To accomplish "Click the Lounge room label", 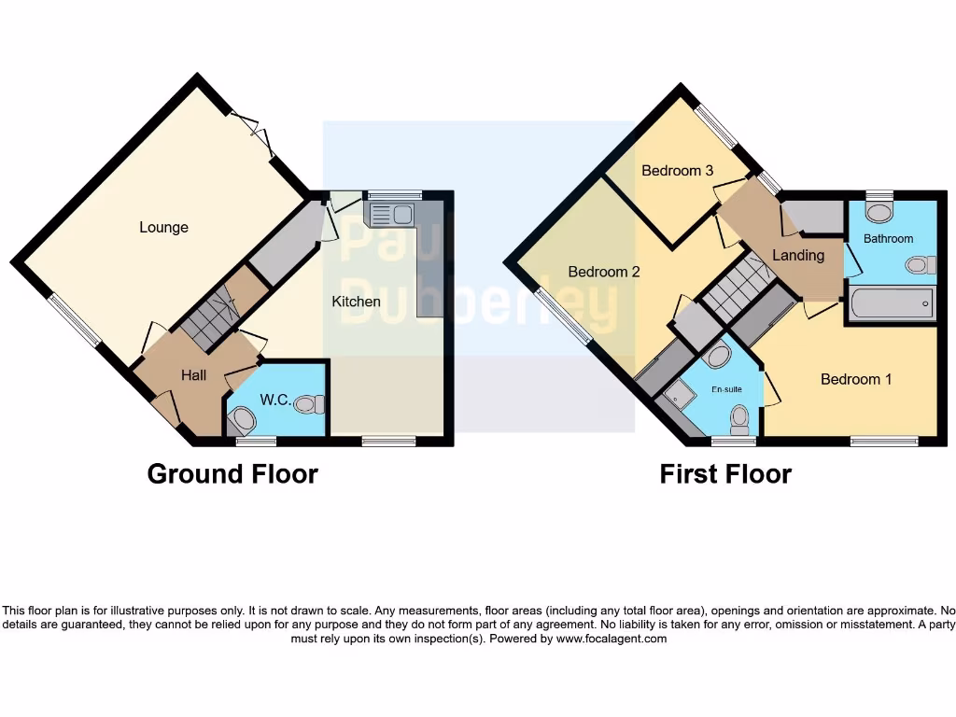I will (163, 227).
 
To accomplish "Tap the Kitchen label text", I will (357, 302).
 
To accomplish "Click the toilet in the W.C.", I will (309, 403).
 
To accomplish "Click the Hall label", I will (194, 375).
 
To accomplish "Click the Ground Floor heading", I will (232, 474).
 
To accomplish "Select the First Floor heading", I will (725, 474).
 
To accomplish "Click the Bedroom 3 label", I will (678, 171).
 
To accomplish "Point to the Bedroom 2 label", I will (604, 272).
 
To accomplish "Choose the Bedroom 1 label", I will (856, 379).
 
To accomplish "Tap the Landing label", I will (798, 255).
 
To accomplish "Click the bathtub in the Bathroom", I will (892, 303).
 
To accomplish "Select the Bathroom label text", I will (888, 238).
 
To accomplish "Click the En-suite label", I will (727, 388).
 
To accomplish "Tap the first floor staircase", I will (737, 285).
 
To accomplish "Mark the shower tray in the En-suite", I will (676, 402).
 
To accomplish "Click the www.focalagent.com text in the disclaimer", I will (612, 640).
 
